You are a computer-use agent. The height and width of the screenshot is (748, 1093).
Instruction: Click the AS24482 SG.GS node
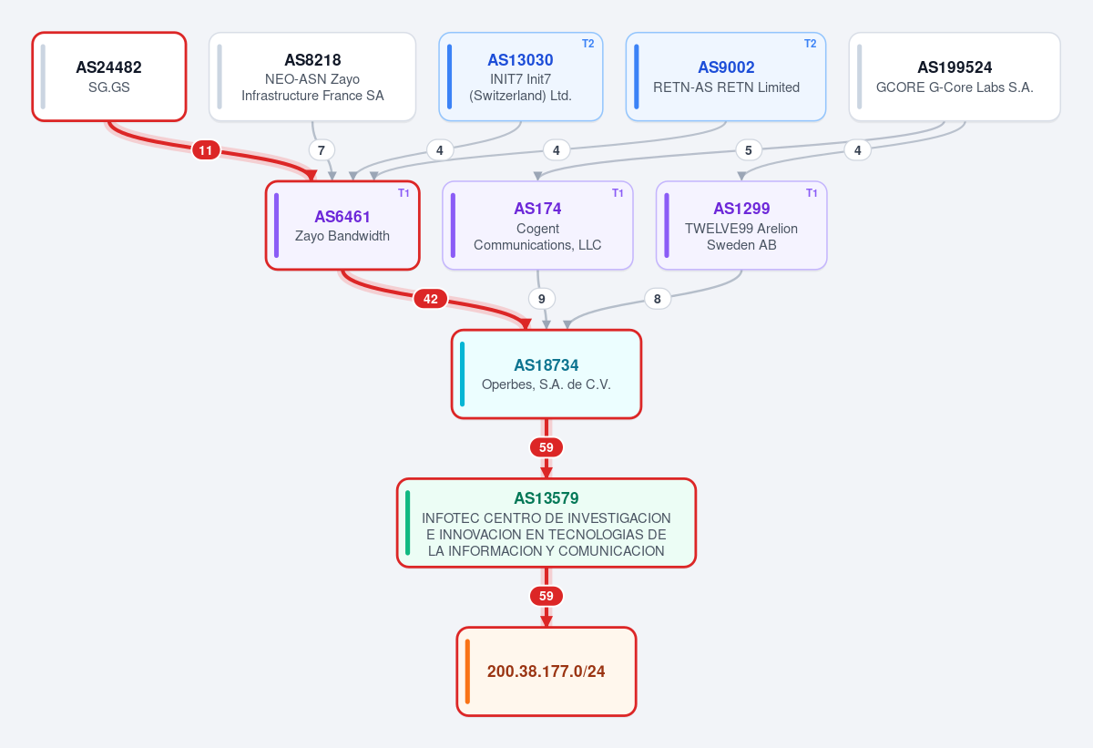click(109, 77)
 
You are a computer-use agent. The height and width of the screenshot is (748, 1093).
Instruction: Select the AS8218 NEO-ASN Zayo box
click(312, 77)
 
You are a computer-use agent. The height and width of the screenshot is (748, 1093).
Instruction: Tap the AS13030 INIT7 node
click(521, 77)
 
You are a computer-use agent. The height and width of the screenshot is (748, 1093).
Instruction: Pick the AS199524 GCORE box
click(955, 77)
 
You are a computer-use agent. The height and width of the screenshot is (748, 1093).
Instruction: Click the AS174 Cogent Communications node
click(537, 225)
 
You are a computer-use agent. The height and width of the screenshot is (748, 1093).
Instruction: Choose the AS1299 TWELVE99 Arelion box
click(741, 225)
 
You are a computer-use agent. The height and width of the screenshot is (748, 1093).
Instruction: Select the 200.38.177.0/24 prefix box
click(546, 671)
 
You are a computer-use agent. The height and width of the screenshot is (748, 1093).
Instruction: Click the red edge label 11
click(206, 150)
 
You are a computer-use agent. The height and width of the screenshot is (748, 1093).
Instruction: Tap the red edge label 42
click(430, 299)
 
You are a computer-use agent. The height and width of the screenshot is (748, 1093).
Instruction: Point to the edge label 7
click(321, 150)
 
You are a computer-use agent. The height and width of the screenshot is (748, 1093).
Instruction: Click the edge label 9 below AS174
click(542, 299)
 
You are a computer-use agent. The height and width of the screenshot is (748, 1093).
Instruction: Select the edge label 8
click(658, 299)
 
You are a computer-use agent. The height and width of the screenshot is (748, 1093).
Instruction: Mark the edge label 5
click(748, 150)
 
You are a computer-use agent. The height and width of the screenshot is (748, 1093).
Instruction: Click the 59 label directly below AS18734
click(546, 447)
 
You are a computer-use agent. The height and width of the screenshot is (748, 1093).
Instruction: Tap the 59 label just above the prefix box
click(546, 596)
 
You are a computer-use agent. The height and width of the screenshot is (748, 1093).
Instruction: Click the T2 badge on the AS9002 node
click(810, 44)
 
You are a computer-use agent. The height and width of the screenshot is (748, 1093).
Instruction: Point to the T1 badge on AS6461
click(403, 193)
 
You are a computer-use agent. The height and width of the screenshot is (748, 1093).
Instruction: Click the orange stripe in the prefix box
click(467, 671)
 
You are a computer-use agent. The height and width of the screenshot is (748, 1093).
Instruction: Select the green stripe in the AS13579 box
click(407, 523)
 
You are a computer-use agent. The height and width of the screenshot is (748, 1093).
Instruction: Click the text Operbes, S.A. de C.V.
click(546, 384)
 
